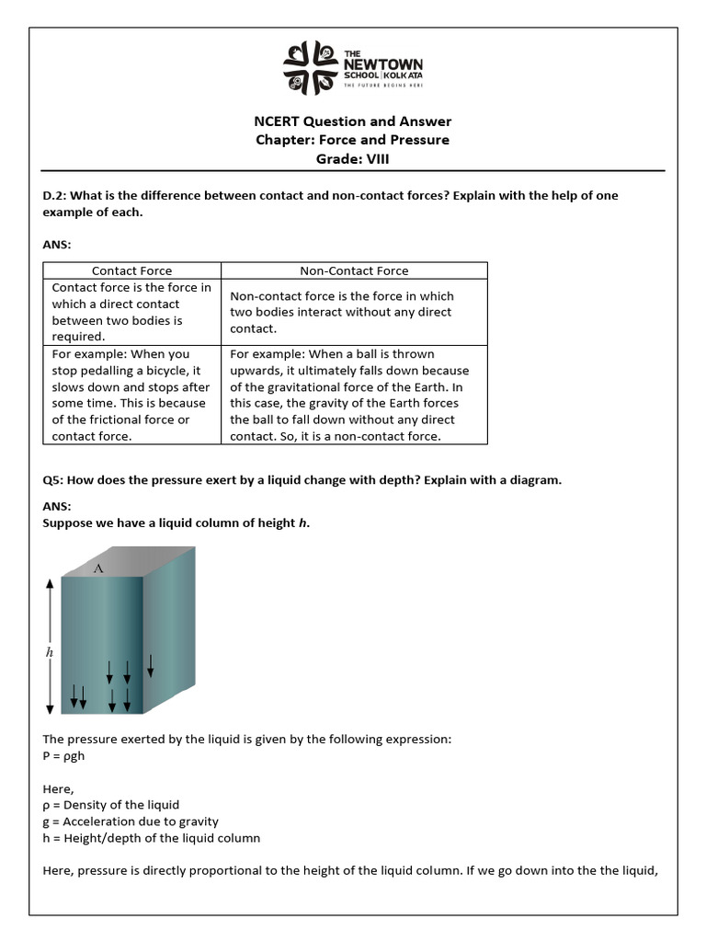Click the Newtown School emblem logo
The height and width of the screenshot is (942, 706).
(x=310, y=68)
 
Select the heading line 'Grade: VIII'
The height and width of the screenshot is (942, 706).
(x=352, y=158)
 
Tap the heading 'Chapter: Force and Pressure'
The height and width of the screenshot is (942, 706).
(x=352, y=140)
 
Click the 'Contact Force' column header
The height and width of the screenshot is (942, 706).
(x=131, y=270)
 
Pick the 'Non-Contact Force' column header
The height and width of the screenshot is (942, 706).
(x=354, y=270)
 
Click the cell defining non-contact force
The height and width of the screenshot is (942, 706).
(x=354, y=312)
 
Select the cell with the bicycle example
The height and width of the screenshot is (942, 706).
(x=131, y=395)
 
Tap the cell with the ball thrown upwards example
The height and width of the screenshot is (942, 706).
(x=354, y=395)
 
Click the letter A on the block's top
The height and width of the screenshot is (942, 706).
(x=98, y=569)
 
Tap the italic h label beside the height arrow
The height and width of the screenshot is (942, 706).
(x=50, y=651)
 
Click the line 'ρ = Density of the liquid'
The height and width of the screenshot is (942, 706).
(x=111, y=805)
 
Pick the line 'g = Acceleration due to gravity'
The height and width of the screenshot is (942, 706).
(x=131, y=821)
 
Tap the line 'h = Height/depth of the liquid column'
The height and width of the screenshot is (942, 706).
(x=152, y=838)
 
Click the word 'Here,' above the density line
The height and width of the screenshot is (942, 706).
(x=58, y=788)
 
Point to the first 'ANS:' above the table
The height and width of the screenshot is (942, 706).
(x=57, y=246)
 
